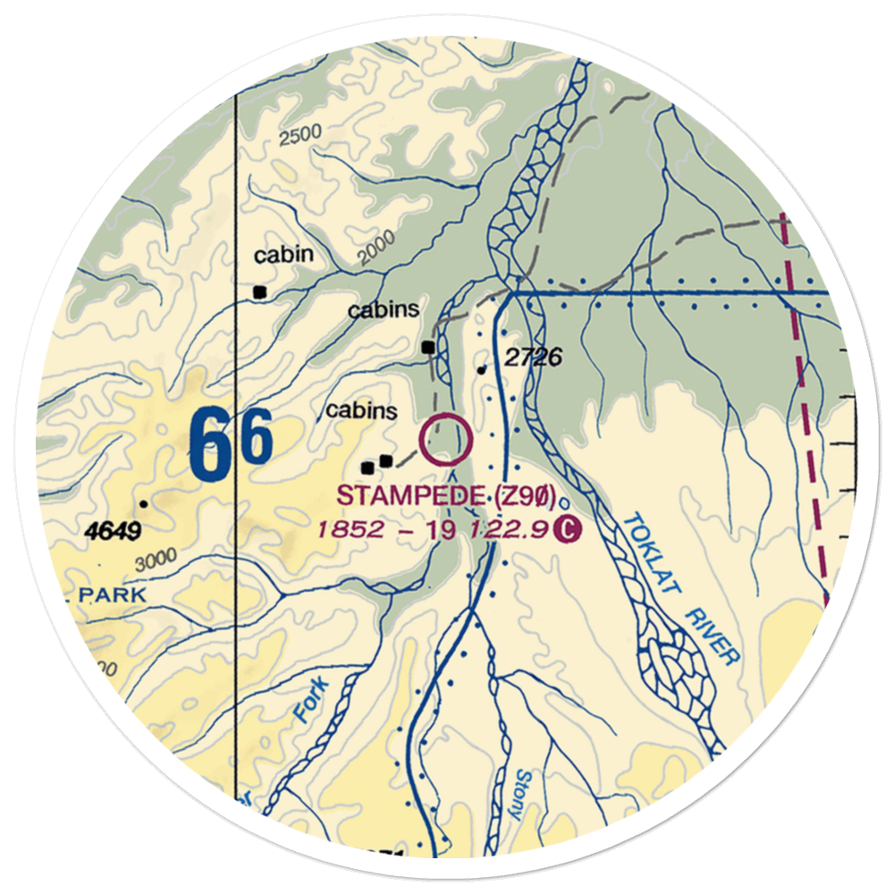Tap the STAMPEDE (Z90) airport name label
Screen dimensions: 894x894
click(446, 495)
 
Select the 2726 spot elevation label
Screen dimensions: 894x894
click(533, 358)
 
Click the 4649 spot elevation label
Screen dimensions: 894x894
click(114, 533)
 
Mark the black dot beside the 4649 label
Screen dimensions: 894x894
click(143, 503)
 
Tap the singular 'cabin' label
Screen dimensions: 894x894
click(283, 255)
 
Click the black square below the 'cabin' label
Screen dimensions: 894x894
click(260, 291)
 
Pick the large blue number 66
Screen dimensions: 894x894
click(231, 442)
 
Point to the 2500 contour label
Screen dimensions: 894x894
click(299, 136)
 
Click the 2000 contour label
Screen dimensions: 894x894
click(375, 251)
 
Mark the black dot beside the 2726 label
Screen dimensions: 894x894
click(482, 369)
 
